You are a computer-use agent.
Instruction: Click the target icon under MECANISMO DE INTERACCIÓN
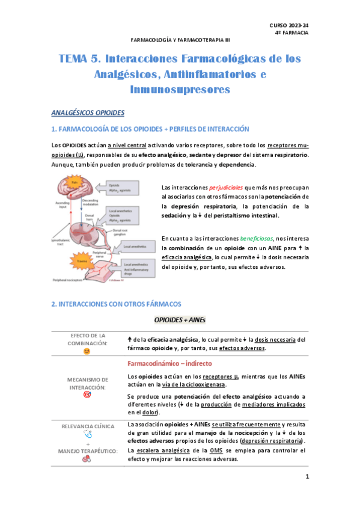click(88, 395)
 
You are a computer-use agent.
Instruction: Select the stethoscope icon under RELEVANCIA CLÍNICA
click(88, 434)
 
